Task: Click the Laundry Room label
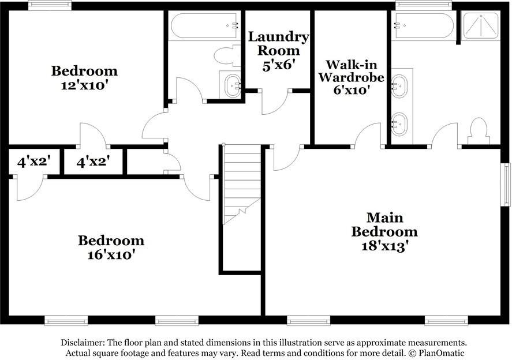click(x=278, y=44)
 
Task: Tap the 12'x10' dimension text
click(x=84, y=85)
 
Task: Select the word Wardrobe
click(x=352, y=77)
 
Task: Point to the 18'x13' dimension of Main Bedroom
click(x=385, y=246)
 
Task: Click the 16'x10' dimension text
click(x=111, y=254)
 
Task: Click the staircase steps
click(x=242, y=185)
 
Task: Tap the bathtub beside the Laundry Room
click(x=204, y=25)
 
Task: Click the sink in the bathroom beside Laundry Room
click(x=233, y=86)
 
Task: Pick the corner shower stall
click(x=481, y=26)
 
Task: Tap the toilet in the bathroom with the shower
click(x=479, y=130)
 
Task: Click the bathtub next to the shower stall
click(x=424, y=25)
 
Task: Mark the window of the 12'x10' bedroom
click(x=50, y=6)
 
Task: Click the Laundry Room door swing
click(x=275, y=102)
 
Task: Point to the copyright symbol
click(x=413, y=353)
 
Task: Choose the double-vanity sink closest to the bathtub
click(x=399, y=87)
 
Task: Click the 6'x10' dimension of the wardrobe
click(x=352, y=90)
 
